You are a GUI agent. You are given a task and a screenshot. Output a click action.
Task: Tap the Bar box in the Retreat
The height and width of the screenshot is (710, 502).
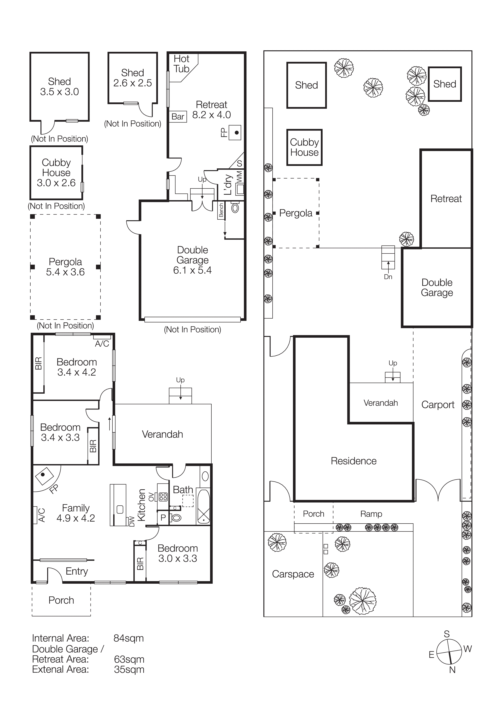click(x=178, y=117)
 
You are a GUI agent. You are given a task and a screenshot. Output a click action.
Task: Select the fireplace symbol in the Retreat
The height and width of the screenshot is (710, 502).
click(x=235, y=133)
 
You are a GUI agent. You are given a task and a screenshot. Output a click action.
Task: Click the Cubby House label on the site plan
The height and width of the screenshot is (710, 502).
click(x=304, y=147)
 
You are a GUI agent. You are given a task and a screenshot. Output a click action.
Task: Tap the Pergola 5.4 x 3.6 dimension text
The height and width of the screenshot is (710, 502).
click(x=65, y=272)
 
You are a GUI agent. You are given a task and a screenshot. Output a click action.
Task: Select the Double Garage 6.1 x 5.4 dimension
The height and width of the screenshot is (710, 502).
click(x=192, y=270)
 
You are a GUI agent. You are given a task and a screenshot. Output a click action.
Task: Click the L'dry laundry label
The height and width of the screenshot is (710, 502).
click(x=228, y=185)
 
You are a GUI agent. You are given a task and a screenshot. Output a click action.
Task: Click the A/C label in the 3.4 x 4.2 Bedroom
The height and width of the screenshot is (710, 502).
click(x=102, y=343)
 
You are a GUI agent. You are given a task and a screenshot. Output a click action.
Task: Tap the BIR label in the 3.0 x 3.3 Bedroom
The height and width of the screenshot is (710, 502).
click(x=140, y=563)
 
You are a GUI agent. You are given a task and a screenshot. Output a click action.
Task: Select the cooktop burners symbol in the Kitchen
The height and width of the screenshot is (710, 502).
click(x=163, y=497)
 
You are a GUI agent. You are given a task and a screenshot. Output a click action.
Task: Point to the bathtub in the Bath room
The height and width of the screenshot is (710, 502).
click(x=203, y=507)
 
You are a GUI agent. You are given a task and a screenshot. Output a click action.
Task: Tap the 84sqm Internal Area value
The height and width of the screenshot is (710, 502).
click(x=128, y=638)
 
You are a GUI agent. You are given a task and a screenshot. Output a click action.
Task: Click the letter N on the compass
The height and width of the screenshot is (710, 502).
click(x=452, y=670)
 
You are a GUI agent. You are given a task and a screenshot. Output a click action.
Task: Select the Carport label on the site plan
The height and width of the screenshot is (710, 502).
click(x=438, y=405)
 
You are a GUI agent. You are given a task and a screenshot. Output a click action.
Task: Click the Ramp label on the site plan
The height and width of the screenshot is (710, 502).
click(x=371, y=514)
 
